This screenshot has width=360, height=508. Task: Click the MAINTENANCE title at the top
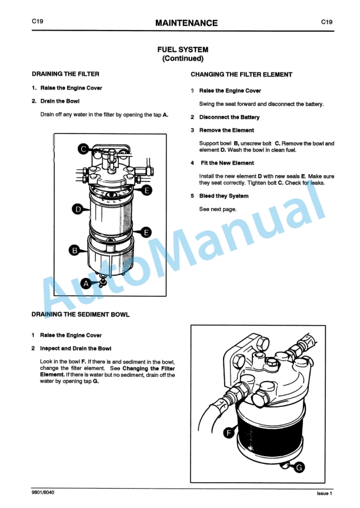click(186, 23)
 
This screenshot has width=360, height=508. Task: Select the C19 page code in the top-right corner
click(326, 22)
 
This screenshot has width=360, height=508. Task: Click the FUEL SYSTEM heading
click(182, 50)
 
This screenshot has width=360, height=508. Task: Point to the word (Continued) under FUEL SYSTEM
click(182, 59)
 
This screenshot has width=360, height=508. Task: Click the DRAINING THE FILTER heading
click(65, 74)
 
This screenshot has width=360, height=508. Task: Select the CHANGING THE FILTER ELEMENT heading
click(241, 75)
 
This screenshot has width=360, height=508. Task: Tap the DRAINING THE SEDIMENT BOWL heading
click(81, 315)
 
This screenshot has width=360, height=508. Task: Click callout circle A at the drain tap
click(86, 283)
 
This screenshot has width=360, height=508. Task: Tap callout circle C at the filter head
click(83, 149)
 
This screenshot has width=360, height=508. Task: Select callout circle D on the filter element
click(77, 208)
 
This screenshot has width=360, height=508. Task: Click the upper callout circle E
click(146, 189)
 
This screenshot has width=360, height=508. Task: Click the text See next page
click(218, 209)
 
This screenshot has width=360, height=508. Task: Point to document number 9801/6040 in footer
click(45, 492)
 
